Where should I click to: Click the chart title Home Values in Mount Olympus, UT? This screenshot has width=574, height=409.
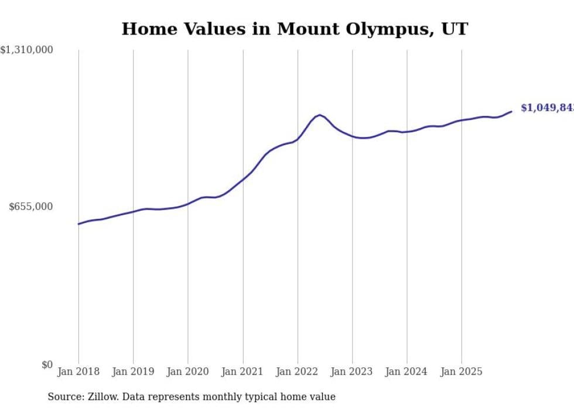(295, 29)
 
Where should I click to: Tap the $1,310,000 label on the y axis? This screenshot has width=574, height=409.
(27, 50)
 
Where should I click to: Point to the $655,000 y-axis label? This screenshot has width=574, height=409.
(30, 207)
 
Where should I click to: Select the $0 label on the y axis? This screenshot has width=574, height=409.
(47, 365)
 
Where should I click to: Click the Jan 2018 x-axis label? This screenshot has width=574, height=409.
(78, 372)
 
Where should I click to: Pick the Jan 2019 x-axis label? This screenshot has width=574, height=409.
(133, 372)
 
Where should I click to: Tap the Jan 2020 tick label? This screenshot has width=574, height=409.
(188, 372)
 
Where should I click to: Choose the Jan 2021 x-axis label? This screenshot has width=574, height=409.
(242, 372)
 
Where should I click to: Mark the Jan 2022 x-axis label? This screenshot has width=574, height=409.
(298, 372)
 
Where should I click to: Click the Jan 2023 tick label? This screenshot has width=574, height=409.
(352, 372)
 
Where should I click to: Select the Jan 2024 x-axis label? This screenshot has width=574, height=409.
(407, 372)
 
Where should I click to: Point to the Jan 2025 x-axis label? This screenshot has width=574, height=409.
(462, 372)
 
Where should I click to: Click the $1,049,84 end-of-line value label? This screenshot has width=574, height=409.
(547, 108)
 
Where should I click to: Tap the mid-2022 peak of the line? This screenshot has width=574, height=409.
(319, 115)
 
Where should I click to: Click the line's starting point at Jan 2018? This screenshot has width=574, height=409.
(78, 224)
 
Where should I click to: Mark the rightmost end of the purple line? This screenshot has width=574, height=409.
(511, 111)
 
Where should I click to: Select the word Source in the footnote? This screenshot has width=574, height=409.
(64, 397)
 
